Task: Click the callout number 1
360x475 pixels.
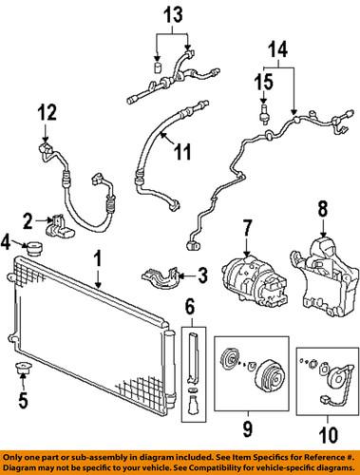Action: (98, 259)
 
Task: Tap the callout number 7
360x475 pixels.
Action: (247, 229)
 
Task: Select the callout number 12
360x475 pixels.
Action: (47, 112)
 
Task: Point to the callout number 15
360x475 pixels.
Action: (264, 82)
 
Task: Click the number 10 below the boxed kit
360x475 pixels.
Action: (328, 435)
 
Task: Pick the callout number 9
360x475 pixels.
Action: (248, 428)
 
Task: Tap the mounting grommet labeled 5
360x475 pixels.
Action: (23, 368)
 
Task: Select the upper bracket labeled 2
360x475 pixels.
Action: (61, 226)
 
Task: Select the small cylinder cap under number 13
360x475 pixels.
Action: (158, 67)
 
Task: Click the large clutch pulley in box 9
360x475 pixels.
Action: (270, 379)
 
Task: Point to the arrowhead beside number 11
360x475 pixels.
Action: (162, 135)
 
